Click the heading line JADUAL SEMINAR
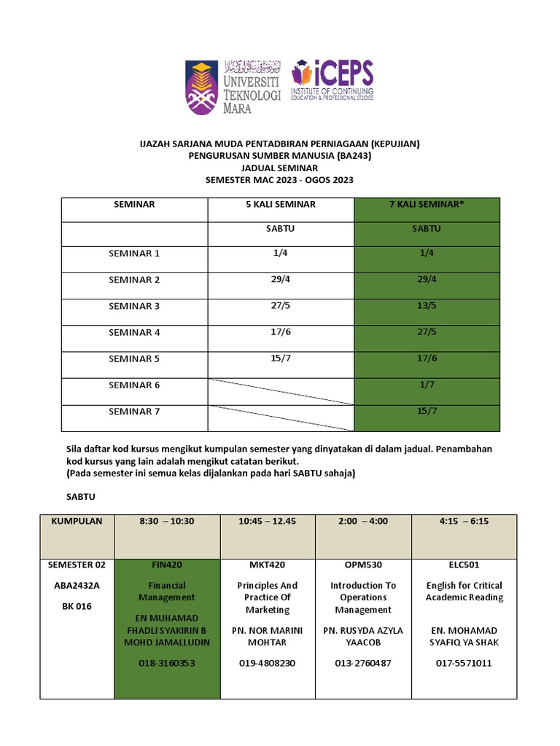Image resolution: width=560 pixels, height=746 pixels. (x=279, y=168)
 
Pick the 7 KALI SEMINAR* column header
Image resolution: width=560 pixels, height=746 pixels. (x=427, y=205)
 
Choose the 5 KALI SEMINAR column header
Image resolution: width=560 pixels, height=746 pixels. (x=281, y=205)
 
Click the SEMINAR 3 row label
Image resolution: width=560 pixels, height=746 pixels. (x=134, y=306)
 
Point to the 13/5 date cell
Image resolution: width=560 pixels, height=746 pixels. (x=427, y=306)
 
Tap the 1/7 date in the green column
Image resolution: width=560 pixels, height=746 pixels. (x=427, y=385)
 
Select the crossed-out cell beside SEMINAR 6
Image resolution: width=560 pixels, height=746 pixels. (x=281, y=391)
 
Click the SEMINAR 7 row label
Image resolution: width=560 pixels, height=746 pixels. (x=134, y=412)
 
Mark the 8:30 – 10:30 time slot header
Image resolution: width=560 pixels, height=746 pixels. (x=167, y=521)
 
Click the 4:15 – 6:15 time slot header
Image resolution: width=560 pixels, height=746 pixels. (x=464, y=521)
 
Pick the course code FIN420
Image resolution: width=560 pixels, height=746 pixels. (x=167, y=565)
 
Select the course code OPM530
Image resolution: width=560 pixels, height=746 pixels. (x=363, y=565)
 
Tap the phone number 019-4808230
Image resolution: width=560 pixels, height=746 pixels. (x=267, y=663)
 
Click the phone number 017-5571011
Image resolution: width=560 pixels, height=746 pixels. (x=464, y=663)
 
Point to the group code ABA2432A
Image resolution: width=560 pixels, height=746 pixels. (x=77, y=585)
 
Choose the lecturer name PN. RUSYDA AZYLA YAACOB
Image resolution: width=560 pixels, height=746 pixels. (x=363, y=636)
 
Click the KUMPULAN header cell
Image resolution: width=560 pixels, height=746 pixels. (x=77, y=521)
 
